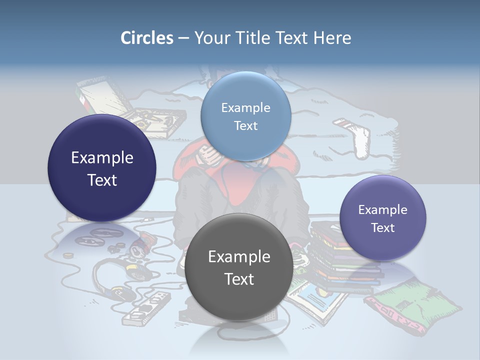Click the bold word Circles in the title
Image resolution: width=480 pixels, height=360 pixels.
tap(146, 37)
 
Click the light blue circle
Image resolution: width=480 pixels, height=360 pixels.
tap(245, 116)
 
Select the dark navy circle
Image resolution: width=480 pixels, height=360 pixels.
tap(102, 168)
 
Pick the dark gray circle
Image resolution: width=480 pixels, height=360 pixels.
tap(239, 267)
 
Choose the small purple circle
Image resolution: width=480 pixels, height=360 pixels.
tap(382, 218)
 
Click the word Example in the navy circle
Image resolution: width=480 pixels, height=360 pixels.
tap(102, 157)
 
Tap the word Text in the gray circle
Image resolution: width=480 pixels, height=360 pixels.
tap(239, 279)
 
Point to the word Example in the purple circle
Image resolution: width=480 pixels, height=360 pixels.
tap(382, 209)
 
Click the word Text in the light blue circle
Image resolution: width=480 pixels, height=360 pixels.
tap(245, 125)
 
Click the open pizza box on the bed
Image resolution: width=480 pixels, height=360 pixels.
tap(150, 117)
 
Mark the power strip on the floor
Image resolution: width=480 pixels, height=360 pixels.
tap(145, 307)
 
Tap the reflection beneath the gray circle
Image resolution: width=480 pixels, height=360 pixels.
tap(239, 335)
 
